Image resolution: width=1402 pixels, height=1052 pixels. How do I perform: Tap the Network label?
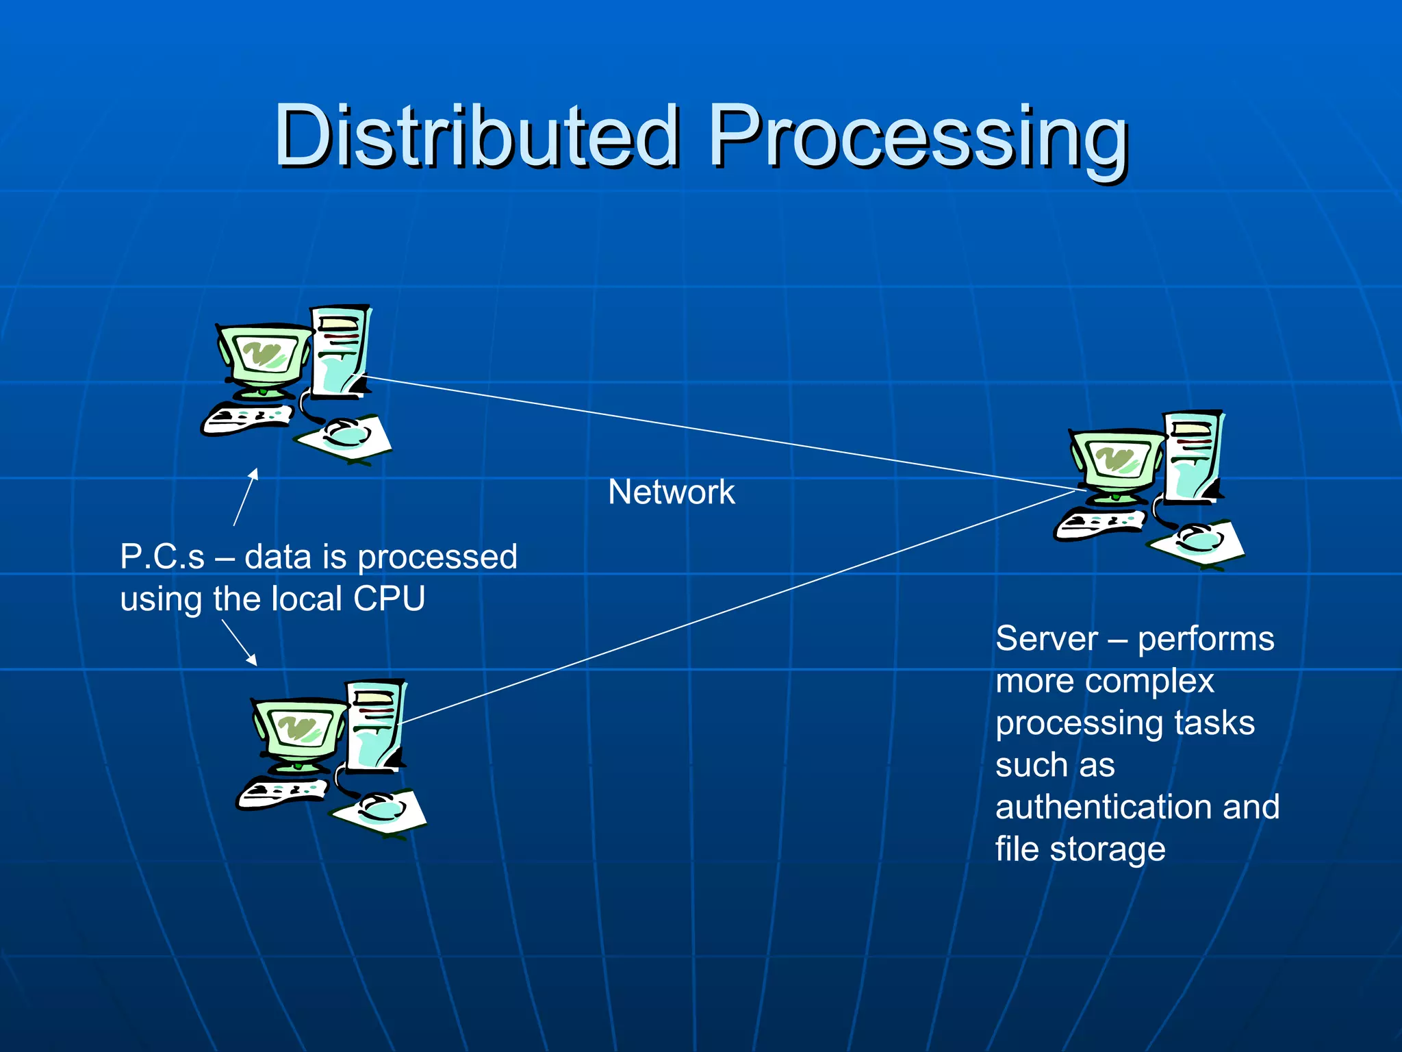(x=671, y=492)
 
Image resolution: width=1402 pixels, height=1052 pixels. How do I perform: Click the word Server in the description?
(x=1046, y=639)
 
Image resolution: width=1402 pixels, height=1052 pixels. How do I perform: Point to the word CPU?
(x=389, y=599)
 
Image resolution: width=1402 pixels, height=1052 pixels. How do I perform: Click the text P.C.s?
(x=162, y=557)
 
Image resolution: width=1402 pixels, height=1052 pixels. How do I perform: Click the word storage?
(x=1107, y=849)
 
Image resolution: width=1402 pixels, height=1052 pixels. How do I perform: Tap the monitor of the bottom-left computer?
(x=299, y=731)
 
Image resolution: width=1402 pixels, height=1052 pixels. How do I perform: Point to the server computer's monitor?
(x=1117, y=461)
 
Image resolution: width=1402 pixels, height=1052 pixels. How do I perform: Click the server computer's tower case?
(x=1195, y=455)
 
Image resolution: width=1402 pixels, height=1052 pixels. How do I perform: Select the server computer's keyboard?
(x=1099, y=524)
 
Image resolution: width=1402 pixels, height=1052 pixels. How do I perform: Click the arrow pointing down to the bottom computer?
(x=240, y=642)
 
